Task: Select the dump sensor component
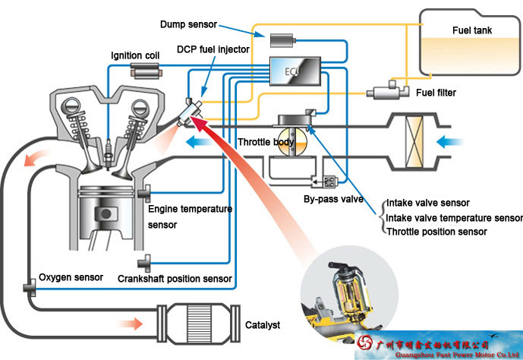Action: (281, 38)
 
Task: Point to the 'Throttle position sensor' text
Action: (436, 232)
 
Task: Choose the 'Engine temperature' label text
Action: (190, 209)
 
